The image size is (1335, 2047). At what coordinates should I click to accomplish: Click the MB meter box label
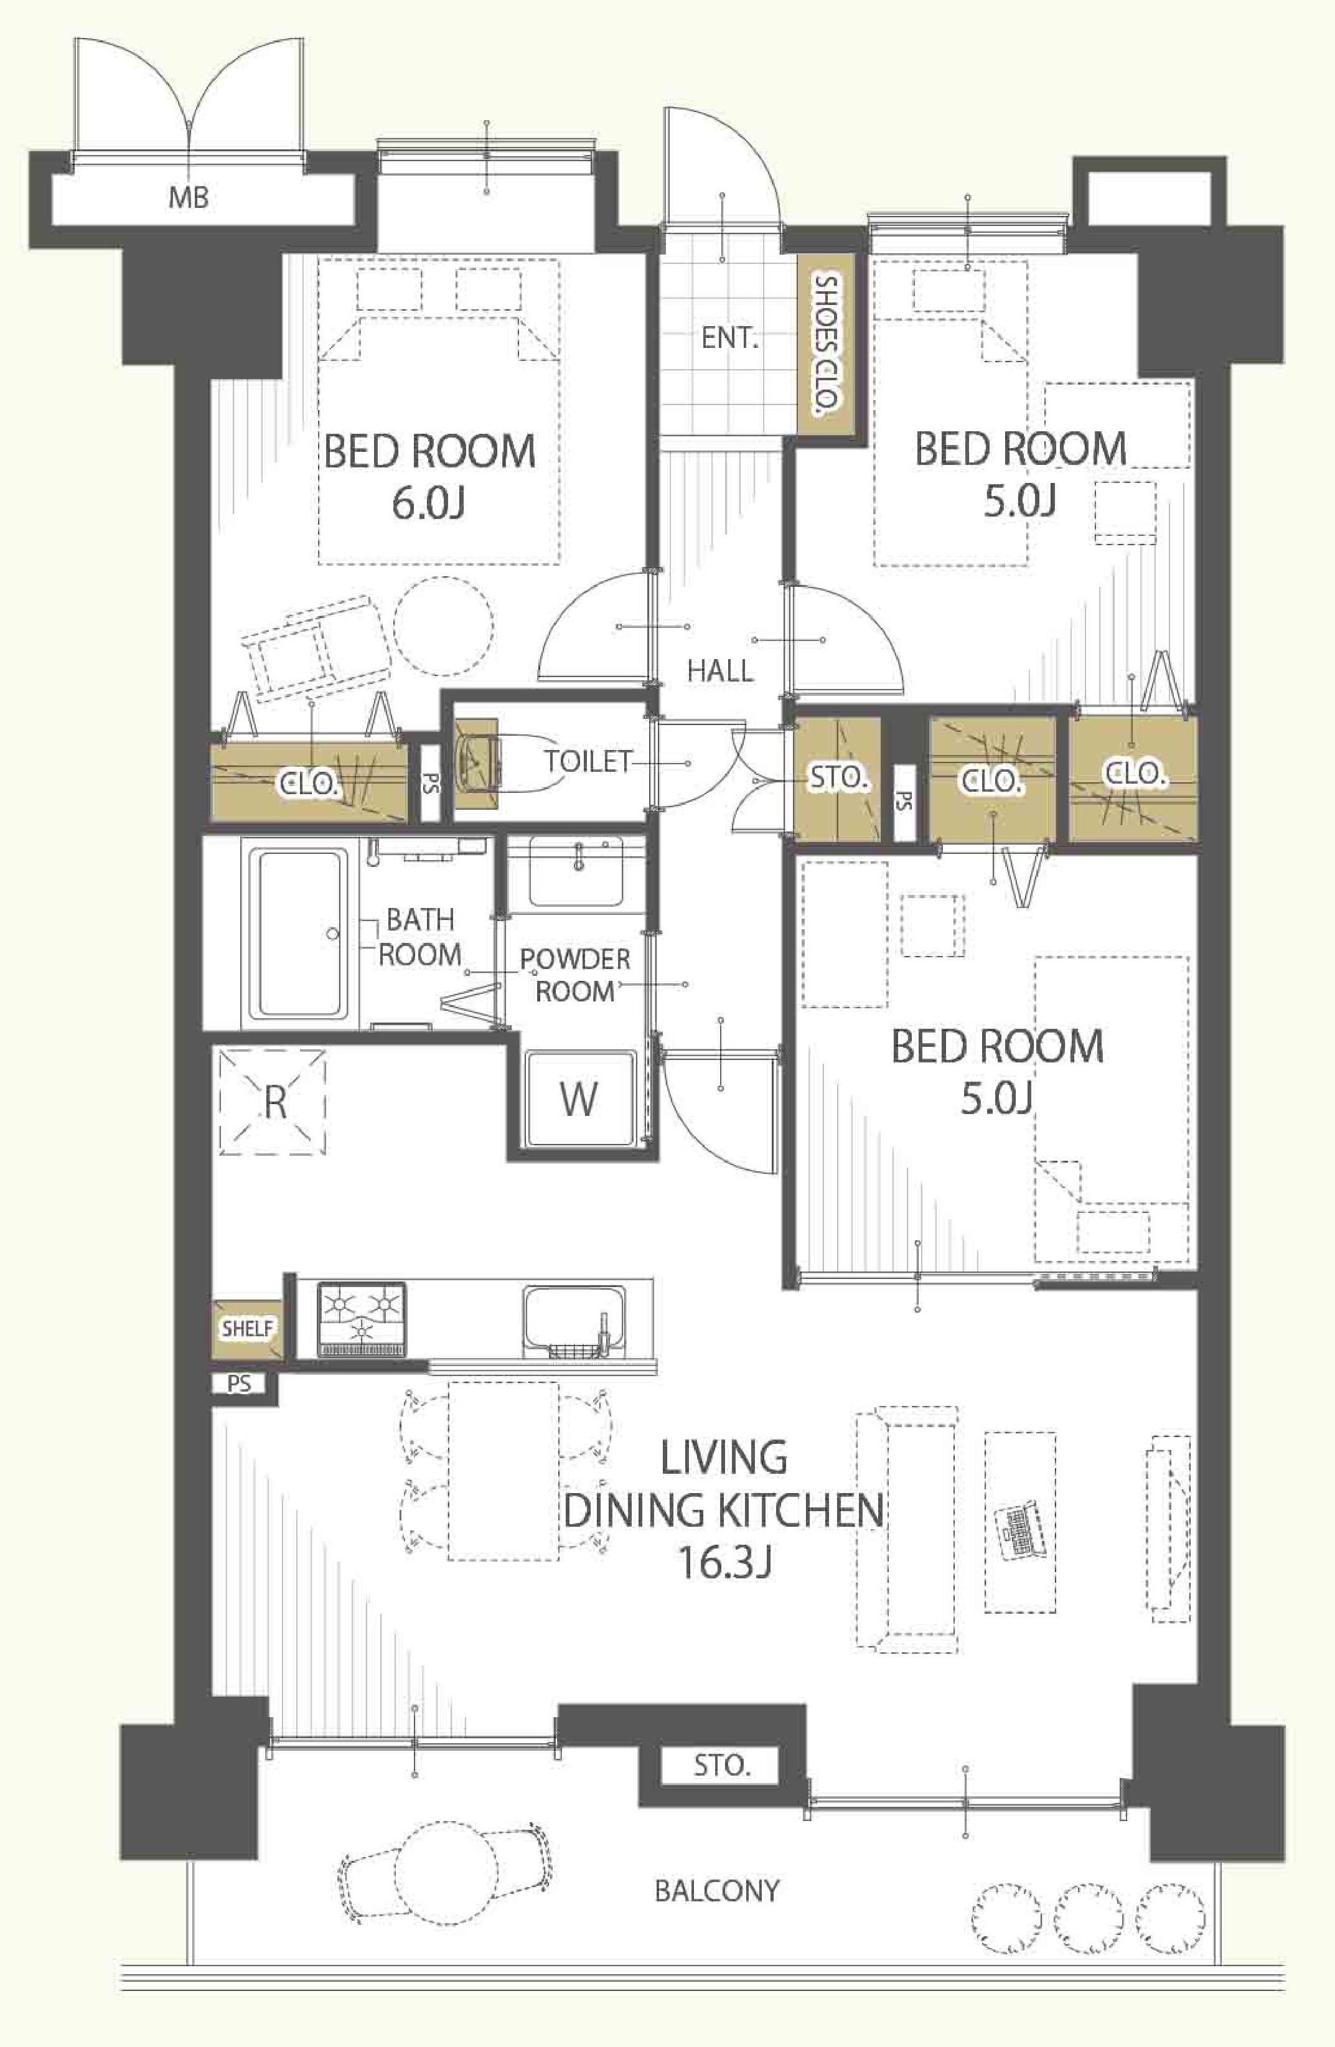click(189, 198)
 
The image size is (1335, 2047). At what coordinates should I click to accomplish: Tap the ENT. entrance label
click(729, 338)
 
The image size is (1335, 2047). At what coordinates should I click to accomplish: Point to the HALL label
click(720, 671)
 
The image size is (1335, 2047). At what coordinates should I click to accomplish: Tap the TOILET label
click(588, 761)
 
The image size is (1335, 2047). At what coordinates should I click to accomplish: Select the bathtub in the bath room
click(299, 933)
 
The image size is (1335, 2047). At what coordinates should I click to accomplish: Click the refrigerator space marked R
click(273, 1101)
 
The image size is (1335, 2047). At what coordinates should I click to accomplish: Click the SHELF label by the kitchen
click(247, 1329)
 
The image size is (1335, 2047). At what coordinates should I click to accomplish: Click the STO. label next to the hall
click(837, 779)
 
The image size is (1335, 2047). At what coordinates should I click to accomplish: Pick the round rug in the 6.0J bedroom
click(444, 626)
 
